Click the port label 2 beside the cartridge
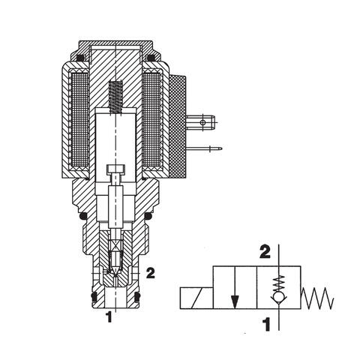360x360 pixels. point(151,273)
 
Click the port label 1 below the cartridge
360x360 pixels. point(109,317)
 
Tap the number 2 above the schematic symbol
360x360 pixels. point(265,252)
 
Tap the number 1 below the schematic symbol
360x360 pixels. point(267,324)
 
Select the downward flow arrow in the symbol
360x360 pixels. point(235,287)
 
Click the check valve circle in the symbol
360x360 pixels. point(279,297)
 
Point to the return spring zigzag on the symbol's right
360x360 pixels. point(317,298)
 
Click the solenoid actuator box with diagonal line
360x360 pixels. point(196,298)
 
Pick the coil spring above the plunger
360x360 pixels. point(115,98)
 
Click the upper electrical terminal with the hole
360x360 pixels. point(200,122)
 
